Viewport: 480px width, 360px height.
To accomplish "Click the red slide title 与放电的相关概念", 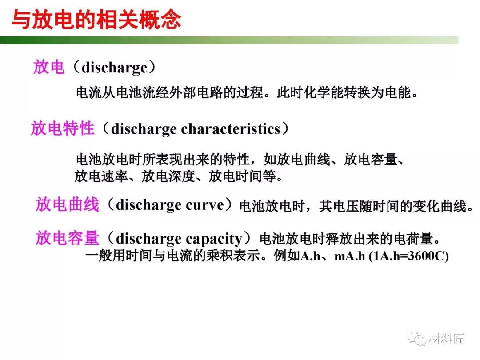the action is click(96, 20).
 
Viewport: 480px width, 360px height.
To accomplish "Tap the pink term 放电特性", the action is click(63, 128).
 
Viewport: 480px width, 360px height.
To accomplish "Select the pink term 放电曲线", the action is click(68, 204).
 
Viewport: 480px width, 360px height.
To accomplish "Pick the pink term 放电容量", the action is click(68, 238).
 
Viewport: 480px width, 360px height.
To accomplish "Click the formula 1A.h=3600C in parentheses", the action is click(409, 256).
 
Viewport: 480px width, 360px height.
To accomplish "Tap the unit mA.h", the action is click(350, 256).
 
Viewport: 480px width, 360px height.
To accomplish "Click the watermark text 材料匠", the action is click(446, 339).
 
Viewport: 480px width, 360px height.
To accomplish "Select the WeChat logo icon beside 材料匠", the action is click(416, 339).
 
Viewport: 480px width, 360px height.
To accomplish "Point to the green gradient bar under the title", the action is click(229, 40).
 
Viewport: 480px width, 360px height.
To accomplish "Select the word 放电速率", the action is click(101, 176).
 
